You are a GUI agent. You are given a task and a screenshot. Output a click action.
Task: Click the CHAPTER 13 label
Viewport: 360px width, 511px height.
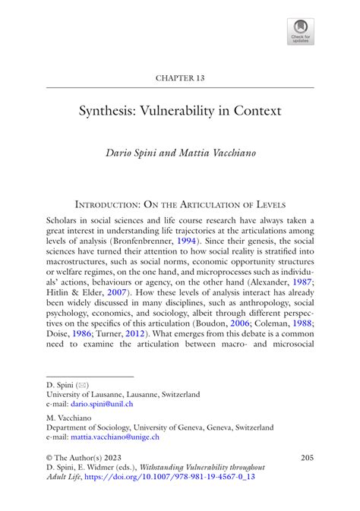180,77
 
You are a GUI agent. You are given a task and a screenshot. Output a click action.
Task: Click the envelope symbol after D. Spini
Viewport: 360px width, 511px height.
85,384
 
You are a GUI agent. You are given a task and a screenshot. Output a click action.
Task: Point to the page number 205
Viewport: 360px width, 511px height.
306,457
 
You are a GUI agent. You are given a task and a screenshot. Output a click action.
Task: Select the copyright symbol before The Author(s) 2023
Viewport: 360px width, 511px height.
50,458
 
